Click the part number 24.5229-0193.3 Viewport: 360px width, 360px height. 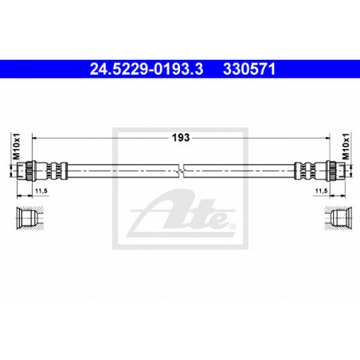click(x=147, y=69)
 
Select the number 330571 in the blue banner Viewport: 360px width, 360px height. click(x=249, y=69)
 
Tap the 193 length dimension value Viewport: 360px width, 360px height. click(x=181, y=138)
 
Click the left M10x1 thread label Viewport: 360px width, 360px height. click(x=17, y=147)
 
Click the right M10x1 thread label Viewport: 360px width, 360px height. click(x=346, y=147)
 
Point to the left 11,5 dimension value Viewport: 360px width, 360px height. click(x=41, y=190)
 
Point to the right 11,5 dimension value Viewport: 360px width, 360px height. click(x=321, y=190)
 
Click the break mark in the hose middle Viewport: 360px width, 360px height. click(x=181, y=170)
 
